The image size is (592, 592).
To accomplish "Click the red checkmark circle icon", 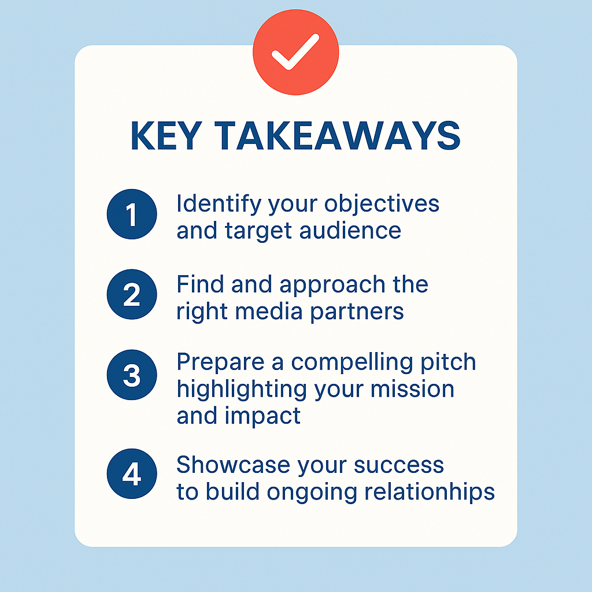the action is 295,52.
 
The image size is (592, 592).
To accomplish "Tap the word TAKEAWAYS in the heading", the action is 337,136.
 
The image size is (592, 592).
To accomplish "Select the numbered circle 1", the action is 132,214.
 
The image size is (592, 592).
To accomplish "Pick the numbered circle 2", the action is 132,294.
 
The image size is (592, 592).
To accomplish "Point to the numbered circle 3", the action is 132,375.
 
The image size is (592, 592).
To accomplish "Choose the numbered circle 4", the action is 132,474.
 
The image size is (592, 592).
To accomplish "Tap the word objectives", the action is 382,204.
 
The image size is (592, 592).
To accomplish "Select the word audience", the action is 350,231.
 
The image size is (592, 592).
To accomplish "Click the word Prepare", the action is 220,362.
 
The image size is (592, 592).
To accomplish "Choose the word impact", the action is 263,417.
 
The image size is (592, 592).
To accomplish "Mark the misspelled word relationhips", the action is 430,493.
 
